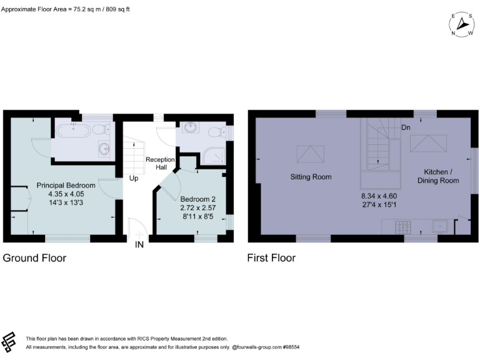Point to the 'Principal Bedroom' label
click(x=66, y=186)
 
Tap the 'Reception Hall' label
click(x=160, y=164)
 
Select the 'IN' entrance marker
click(x=139, y=244)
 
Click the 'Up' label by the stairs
click(x=134, y=178)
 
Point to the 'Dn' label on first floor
click(x=406, y=127)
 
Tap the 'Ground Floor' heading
click(x=35, y=258)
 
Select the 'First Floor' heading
click(x=272, y=258)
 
